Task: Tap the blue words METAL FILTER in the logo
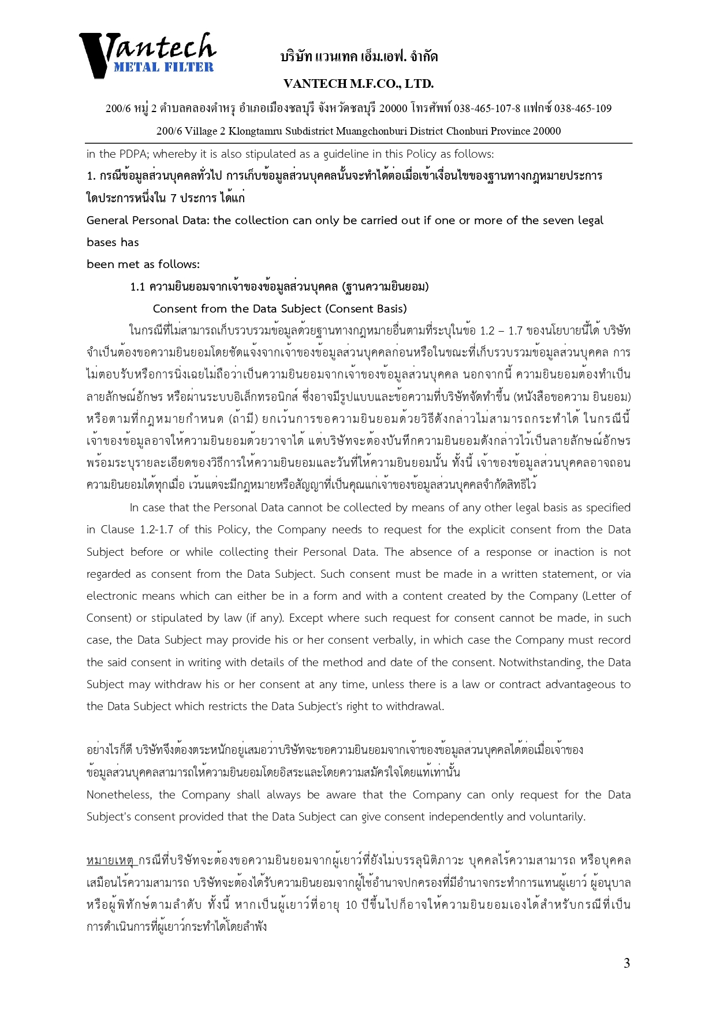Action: pyautogui.click(x=163, y=67)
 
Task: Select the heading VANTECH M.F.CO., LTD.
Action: pyautogui.click(x=359, y=84)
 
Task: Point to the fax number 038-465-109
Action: pyautogui.click(x=583, y=109)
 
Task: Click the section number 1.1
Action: pyautogui.click(x=137, y=287)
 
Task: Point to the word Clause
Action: pyautogui.click(x=117, y=530)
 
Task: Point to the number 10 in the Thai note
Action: pyautogui.click(x=351, y=905)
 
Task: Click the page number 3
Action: pyautogui.click(x=626, y=963)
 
